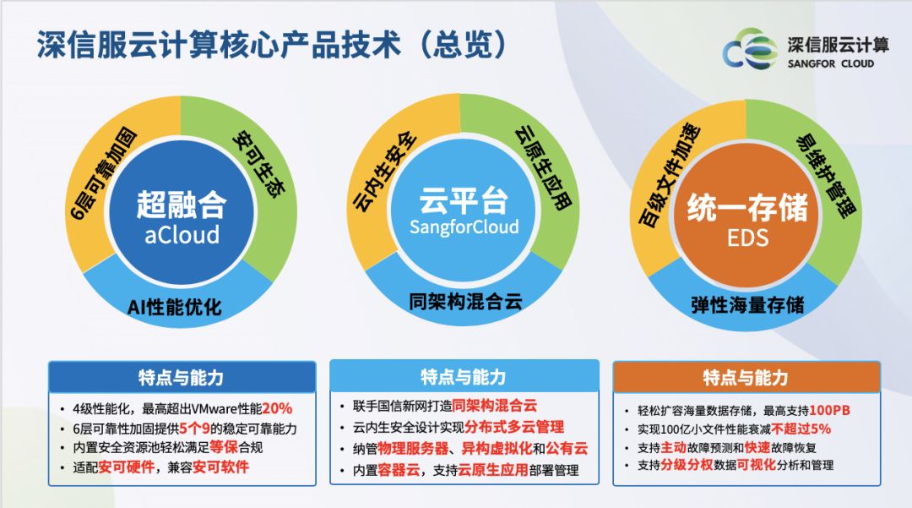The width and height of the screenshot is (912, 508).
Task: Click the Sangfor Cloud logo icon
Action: pyautogui.click(x=750, y=50)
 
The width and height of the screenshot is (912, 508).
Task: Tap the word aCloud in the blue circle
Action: pyautogui.click(x=182, y=234)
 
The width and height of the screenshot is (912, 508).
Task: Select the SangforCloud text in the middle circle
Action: pyautogui.click(x=464, y=227)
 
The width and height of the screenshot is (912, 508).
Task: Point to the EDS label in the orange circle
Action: pyautogui.click(x=747, y=238)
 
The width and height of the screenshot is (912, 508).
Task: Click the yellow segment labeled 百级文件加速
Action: pyautogui.click(x=668, y=175)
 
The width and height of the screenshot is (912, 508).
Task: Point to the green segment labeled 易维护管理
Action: pyautogui.click(x=825, y=175)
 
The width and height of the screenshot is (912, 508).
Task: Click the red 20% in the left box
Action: pyautogui.click(x=277, y=408)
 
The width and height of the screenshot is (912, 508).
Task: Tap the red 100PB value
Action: pyautogui.click(x=829, y=410)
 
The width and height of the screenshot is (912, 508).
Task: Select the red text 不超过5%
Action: pyautogui.click(x=801, y=429)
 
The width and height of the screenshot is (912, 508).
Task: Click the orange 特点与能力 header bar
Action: pyautogui.click(x=746, y=377)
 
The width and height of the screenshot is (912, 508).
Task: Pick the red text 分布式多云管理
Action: pyautogui.click(x=514, y=427)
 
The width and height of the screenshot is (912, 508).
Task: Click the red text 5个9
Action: pyautogui.click(x=194, y=429)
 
